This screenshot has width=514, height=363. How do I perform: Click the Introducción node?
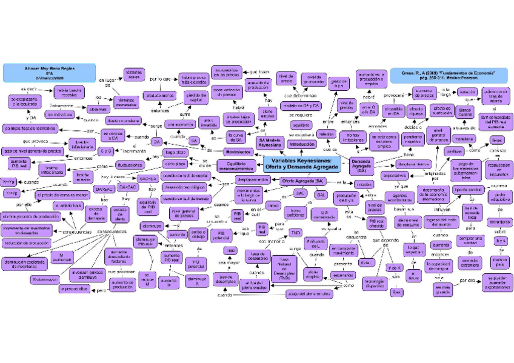click(302, 145)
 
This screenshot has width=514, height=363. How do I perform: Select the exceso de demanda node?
click(96, 213)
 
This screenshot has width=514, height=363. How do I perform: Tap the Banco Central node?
click(466, 112)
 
